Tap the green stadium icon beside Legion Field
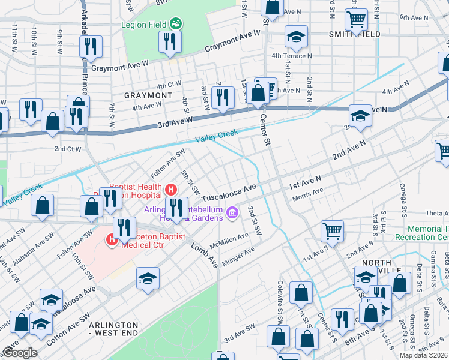tap(175, 24)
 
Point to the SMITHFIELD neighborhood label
tap(354, 35)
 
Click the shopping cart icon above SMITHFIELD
tap(357, 20)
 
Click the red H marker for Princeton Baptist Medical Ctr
tap(112, 241)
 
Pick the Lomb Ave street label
tap(204, 256)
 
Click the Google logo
tap(19, 353)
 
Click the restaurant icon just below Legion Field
tap(169, 41)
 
